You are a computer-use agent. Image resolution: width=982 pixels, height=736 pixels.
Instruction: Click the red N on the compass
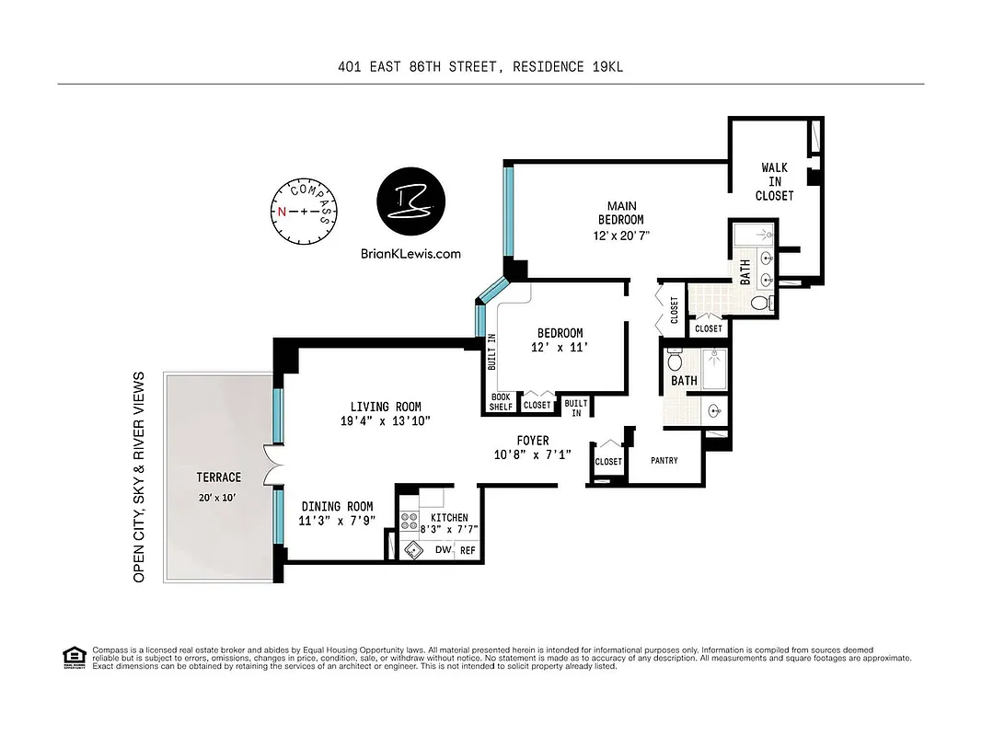282,211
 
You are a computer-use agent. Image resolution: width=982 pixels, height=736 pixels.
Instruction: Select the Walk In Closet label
774,181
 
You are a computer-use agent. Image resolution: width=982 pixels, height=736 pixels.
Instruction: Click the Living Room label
385,407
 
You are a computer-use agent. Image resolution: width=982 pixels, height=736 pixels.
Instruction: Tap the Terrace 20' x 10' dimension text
218,497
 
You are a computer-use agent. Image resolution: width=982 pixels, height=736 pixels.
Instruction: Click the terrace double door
270,464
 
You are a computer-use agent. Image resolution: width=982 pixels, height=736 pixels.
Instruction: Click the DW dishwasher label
442,550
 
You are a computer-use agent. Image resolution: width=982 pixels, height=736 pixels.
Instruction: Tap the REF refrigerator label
468,550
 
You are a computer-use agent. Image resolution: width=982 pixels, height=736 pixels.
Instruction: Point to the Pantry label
664,460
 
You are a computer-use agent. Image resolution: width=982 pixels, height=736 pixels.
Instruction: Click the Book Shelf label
501,402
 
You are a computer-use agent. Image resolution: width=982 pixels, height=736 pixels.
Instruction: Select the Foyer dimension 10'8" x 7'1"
532,454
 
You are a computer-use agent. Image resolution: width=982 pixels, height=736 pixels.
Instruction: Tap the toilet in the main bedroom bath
760,303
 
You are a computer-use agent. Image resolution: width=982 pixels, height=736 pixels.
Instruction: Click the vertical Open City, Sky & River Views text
140,477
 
